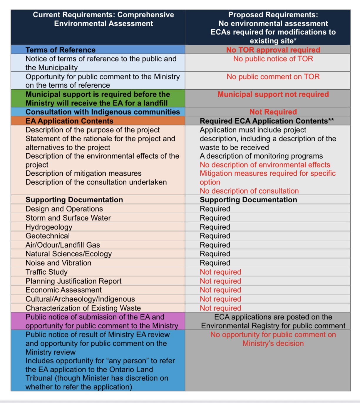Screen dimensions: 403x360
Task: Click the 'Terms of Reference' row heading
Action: pos(60,50)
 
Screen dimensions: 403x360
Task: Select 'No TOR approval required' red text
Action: pos(273,50)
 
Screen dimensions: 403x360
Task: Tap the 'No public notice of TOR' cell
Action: pos(273,59)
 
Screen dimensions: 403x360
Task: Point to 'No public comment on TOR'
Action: pos(273,77)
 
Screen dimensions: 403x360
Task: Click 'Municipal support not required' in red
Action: pos(273,95)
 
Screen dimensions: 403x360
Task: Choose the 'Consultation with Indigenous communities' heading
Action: pos(103,112)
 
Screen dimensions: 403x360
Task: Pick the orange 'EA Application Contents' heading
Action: pos(69,121)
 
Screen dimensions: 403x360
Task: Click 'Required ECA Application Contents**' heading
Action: pos(267,121)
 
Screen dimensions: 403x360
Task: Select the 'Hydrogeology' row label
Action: pos(49,227)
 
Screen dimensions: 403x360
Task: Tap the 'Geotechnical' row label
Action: pos(48,236)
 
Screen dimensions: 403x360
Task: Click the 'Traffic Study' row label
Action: pos(46,272)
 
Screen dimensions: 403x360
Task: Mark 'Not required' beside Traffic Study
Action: pos(220,272)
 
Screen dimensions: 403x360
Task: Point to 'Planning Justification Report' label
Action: pos(73,281)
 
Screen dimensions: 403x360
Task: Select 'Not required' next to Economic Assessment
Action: pos(220,290)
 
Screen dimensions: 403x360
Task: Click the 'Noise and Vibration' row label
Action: pos(58,263)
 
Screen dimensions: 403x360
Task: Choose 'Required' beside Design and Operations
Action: pos(215,209)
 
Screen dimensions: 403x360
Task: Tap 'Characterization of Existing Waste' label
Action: pos(83,308)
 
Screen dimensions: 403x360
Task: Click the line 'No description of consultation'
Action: pos(249,191)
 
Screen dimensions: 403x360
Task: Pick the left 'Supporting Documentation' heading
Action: pos(74,200)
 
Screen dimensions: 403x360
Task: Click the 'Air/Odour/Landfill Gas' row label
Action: pos(63,245)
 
